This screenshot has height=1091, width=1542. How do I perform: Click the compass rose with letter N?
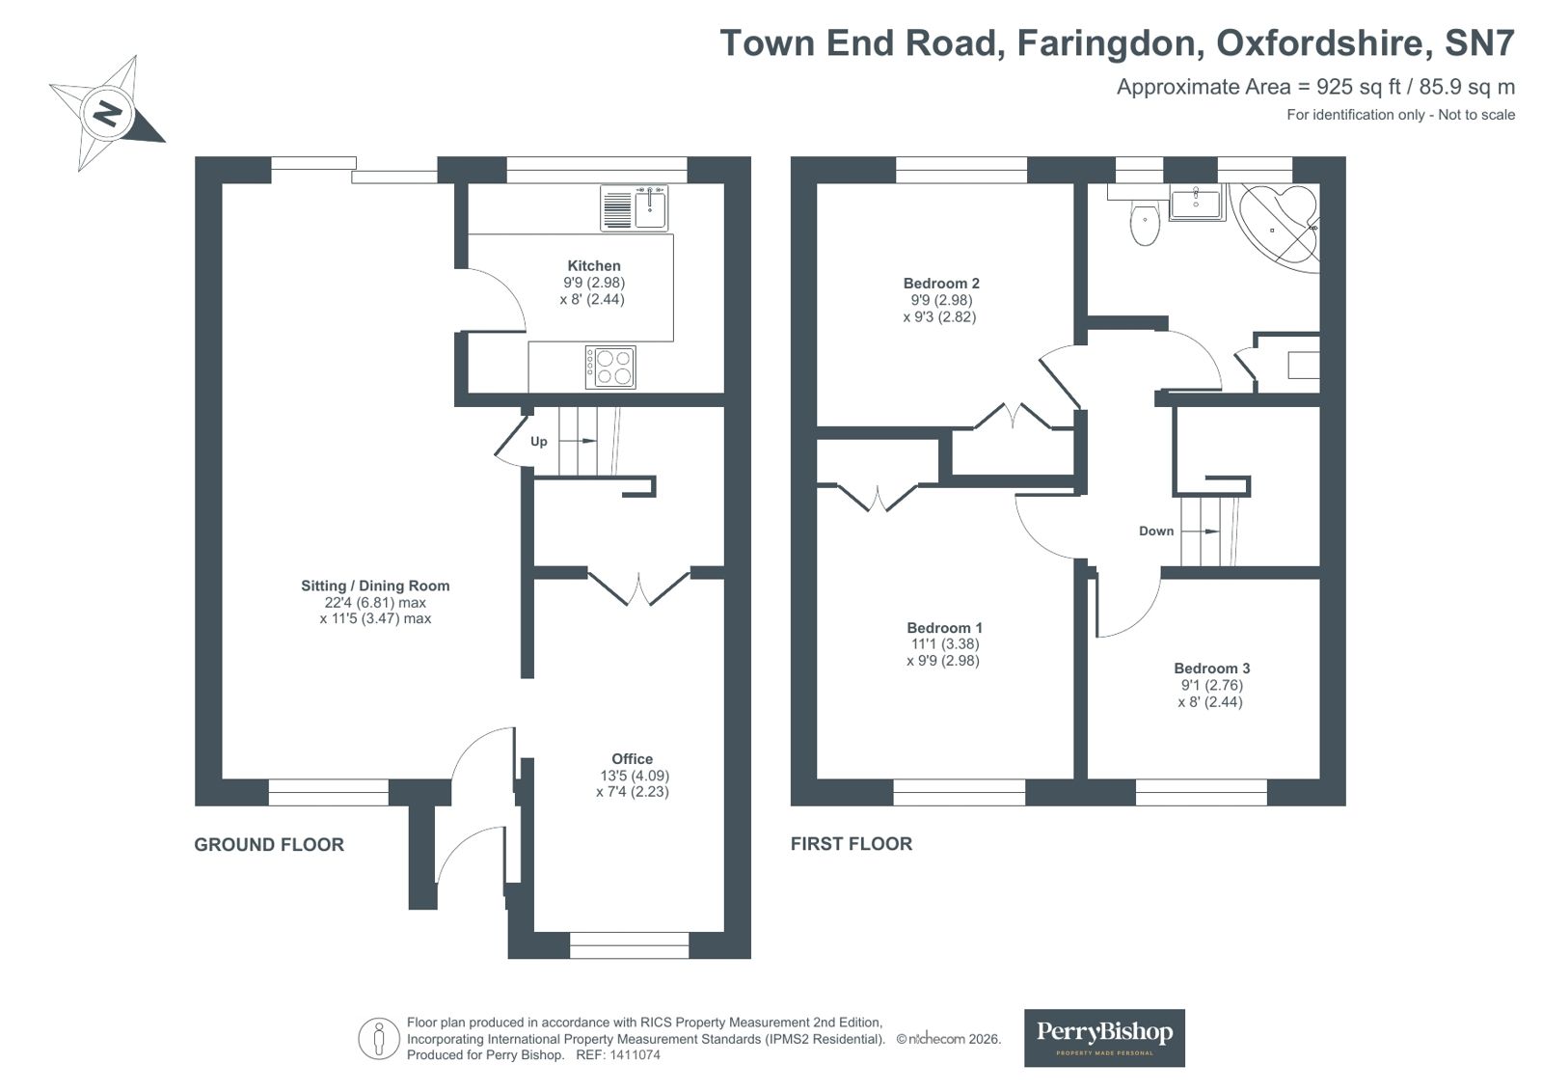(x=106, y=114)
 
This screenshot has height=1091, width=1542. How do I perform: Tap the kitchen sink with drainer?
(x=634, y=208)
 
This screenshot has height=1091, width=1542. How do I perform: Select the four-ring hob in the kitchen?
(x=610, y=368)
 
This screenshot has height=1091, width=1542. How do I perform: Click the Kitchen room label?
(x=594, y=265)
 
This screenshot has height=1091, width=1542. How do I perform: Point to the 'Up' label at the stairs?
(x=538, y=442)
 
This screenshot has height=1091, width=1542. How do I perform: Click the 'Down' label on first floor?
(x=1156, y=532)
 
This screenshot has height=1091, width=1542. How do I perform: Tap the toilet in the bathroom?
(x=1145, y=224)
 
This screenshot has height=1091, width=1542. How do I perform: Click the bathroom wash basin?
(x=1196, y=203)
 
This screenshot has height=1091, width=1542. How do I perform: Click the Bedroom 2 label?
(x=941, y=283)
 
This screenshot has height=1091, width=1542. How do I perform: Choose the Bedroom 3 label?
(x=1211, y=668)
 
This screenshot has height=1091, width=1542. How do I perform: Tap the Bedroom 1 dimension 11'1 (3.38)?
(x=945, y=644)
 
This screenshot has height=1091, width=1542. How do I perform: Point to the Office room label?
(x=632, y=758)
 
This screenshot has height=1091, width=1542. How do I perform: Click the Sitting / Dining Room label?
(x=375, y=586)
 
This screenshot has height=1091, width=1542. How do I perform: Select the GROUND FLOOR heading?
(x=269, y=845)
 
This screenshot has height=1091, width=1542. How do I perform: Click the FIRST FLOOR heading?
(x=851, y=844)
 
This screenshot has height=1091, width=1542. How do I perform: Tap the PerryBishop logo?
(x=1103, y=1037)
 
